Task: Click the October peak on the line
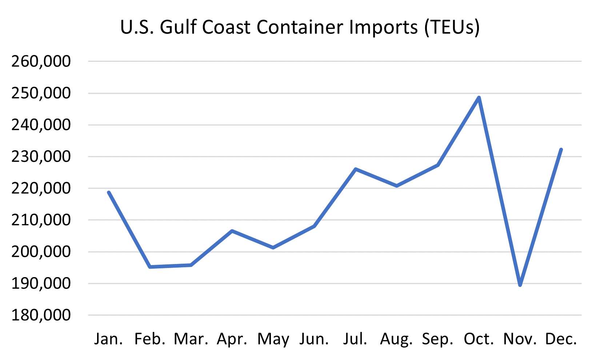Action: coord(479,98)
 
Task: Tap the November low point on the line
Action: coord(520,285)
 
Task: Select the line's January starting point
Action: coord(109,192)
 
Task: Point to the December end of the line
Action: coord(561,149)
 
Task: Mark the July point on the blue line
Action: coord(355,169)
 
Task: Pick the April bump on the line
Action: coord(232,231)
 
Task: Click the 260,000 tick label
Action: coord(41,61)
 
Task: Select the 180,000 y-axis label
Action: coord(41,315)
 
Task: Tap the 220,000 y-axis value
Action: coord(41,188)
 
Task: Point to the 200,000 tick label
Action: coord(41,252)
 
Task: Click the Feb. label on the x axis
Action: coord(150,339)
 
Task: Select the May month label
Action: coord(273,339)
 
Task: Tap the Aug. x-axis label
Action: coord(396,339)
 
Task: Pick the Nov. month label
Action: coord(520,339)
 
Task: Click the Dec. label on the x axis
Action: coord(561,339)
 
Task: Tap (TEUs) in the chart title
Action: coord(452,28)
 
